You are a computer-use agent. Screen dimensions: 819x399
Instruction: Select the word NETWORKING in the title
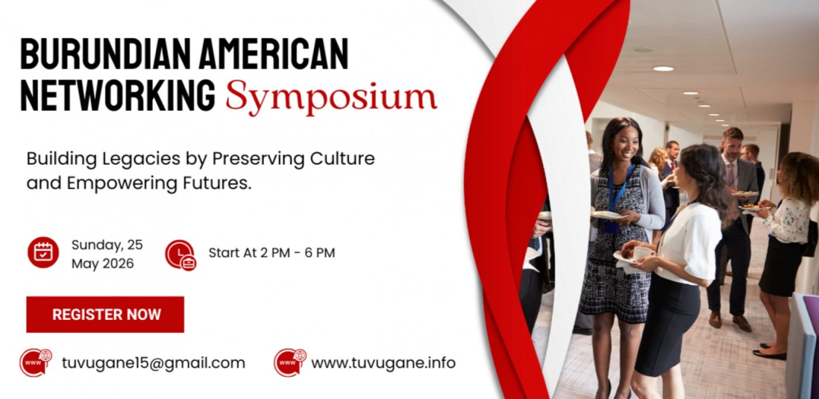point(118,95)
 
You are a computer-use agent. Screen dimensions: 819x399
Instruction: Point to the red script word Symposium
point(331,97)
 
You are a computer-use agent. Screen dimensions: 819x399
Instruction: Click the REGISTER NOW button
point(105,315)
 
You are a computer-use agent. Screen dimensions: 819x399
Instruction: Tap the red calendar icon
point(43,252)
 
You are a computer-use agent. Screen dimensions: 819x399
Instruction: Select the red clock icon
point(181,255)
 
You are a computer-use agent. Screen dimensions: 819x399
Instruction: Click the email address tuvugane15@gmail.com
point(153,363)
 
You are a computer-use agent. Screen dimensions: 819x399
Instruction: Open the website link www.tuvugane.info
point(383,363)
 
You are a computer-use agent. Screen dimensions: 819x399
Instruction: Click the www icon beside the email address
point(36,363)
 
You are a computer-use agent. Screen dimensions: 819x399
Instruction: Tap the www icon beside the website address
point(290,363)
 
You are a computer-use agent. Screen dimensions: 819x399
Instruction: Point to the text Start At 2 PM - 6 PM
point(271,253)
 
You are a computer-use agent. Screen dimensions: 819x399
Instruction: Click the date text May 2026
point(103,264)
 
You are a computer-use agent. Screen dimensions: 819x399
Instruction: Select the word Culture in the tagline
point(342,159)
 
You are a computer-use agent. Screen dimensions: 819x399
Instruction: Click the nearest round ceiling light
point(663,69)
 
